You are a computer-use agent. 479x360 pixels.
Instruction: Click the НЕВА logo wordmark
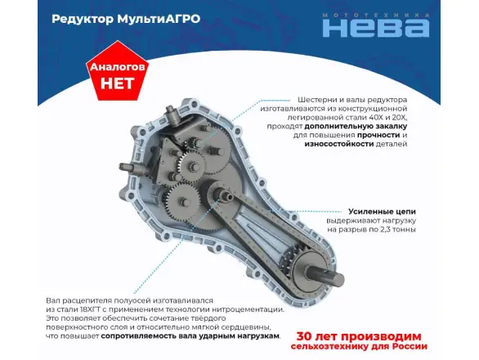[x=376, y=28]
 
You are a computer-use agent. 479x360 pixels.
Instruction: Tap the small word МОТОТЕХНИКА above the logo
[x=376, y=16]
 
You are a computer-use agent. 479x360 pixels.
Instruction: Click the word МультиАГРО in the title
[x=159, y=19]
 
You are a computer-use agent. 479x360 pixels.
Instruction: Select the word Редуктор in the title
[x=83, y=20]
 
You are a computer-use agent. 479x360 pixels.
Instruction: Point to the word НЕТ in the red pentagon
[x=118, y=83]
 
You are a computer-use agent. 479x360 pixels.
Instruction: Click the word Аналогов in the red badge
[x=118, y=67]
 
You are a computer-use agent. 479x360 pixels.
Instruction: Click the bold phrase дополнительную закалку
[x=356, y=126]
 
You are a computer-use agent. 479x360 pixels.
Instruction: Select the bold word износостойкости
[x=338, y=144]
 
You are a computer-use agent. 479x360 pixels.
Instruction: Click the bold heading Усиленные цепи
[x=382, y=211]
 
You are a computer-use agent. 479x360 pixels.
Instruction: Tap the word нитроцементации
[x=247, y=309]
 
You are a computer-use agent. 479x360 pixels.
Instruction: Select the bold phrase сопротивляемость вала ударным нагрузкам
[x=190, y=336]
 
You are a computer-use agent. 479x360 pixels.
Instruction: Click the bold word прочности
[x=378, y=135]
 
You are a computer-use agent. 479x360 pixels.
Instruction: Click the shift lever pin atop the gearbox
[x=172, y=115]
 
